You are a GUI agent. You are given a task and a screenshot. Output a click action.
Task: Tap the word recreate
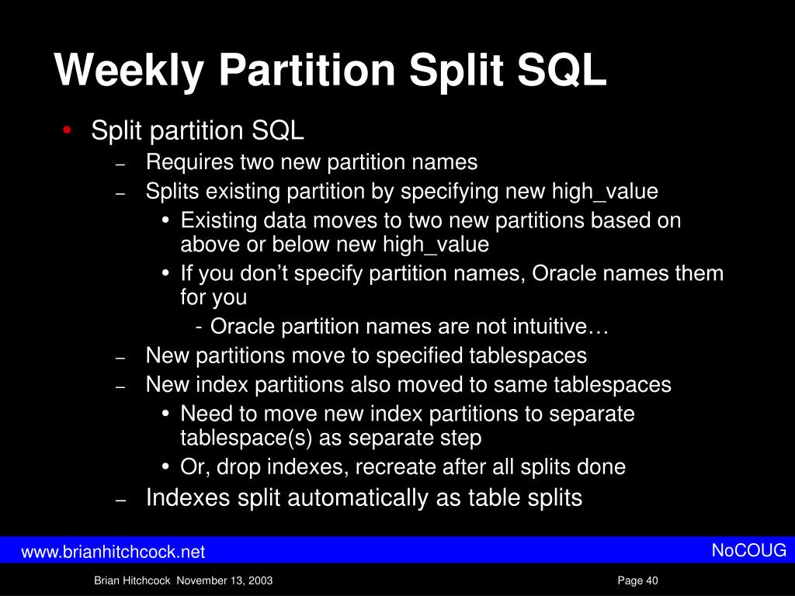coord(397,467)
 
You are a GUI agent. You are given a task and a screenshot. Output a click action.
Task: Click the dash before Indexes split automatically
coord(120,501)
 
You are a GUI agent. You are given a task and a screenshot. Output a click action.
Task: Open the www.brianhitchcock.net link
coord(113,552)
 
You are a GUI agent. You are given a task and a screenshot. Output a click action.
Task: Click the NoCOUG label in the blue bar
coord(749,551)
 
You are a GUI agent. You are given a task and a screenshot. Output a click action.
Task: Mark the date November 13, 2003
coord(225,581)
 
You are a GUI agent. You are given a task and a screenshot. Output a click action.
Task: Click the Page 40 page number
coord(637,581)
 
